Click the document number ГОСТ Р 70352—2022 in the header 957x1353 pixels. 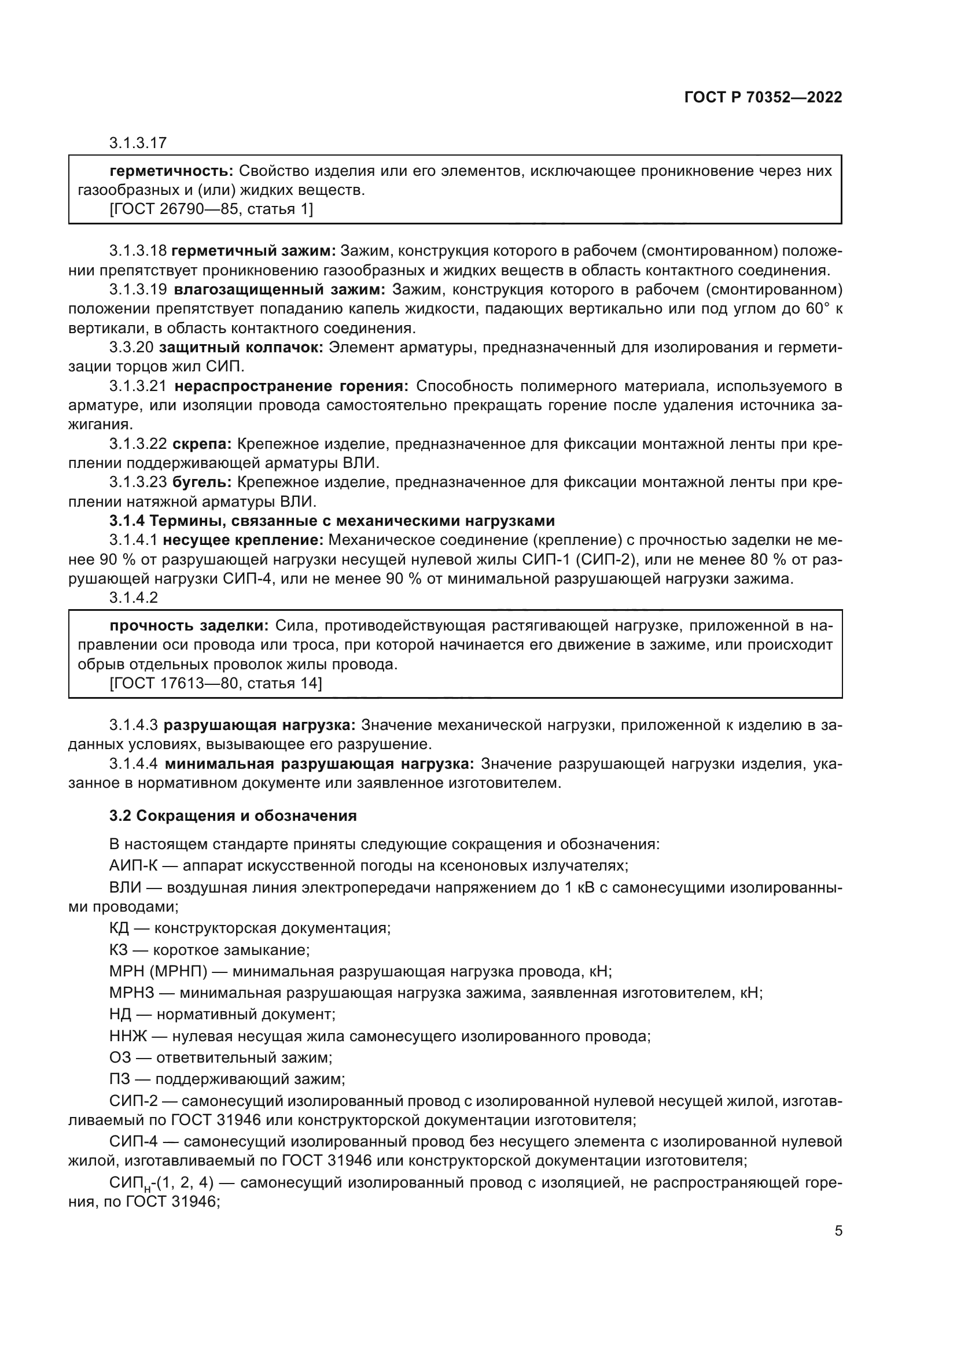pyautogui.click(x=763, y=98)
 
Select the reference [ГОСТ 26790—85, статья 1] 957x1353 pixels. pyautogui.click(x=211, y=209)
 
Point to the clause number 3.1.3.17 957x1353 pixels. pyautogui.click(x=138, y=143)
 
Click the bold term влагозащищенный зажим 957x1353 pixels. pyautogui.click(x=279, y=289)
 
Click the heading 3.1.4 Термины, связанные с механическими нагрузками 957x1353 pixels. pyautogui.click(x=332, y=521)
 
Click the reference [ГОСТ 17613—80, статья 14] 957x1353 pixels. pyautogui.click(x=215, y=683)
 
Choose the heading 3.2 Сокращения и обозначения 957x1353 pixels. pyautogui.click(x=233, y=816)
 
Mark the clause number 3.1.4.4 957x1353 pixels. pyautogui.click(x=133, y=764)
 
